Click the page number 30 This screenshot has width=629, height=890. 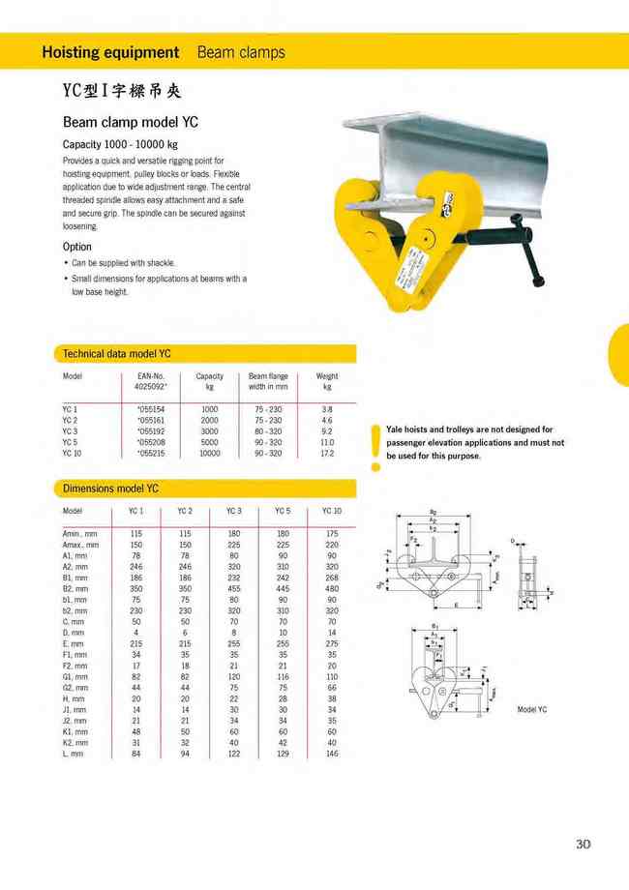point(583,845)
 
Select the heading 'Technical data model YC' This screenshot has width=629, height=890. point(117,354)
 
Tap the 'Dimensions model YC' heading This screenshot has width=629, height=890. point(110,489)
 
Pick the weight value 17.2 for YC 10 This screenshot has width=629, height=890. point(327,453)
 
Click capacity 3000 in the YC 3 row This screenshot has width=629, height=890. point(210,430)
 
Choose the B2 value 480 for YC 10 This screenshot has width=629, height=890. point(332,588)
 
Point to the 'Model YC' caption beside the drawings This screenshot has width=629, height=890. point(531,710)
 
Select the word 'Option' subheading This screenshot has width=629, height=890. point(77,247)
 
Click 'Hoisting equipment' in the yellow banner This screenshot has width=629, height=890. point(110,52)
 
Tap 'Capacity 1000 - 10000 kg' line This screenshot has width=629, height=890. point(120,144)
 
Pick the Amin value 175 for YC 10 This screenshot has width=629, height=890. point(332,532)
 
